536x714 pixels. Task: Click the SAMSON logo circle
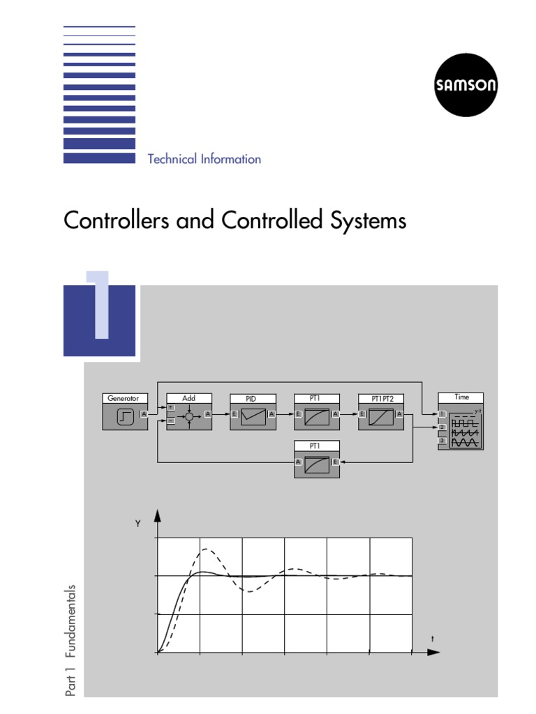pyautogui.click(x=466, y=86)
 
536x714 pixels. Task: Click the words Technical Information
pyautogui.click(x=204, y=159)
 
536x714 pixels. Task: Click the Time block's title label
pyautogui.click(x=461, y=397)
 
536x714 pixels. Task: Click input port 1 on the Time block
pyautogui.click(x=442, y=414)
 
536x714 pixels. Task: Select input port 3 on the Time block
pyautogui.click(x=442, y=441)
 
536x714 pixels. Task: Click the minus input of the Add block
pyautogui.click(x=171, y=421)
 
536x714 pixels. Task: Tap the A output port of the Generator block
pyautogui.click(x=143, y=414)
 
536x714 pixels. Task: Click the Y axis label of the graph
pyautogui.click(x=137, y=524)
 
